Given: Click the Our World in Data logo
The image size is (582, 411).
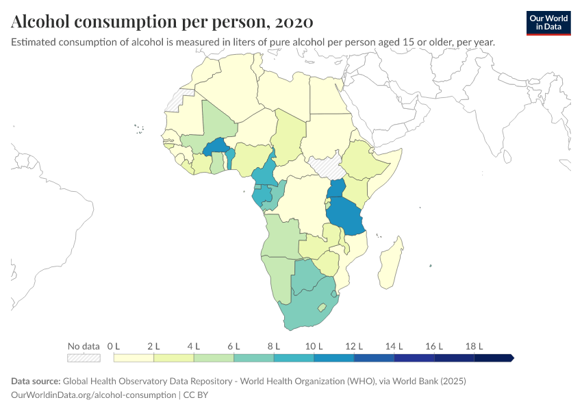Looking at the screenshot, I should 548,23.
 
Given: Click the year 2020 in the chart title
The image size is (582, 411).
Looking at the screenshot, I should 294,22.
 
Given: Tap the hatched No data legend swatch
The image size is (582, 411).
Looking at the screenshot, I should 84,358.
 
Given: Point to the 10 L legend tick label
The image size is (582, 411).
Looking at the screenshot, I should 314,346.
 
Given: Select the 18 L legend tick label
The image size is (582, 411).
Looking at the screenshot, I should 475,346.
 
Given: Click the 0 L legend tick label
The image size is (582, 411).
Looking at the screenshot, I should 114,346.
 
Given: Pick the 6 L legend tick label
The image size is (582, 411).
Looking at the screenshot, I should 234,346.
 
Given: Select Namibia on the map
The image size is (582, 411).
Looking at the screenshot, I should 278,277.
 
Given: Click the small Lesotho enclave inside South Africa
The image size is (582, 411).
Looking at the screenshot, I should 321,308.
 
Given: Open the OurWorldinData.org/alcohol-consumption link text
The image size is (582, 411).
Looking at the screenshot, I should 94,395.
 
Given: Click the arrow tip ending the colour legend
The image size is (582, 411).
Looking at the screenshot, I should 511,358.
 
